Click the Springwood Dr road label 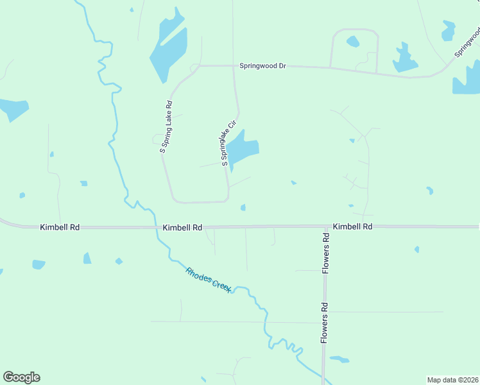point(262,65)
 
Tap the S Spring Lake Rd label point(166,126)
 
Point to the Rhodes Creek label point(209,280)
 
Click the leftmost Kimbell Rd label point(60,227)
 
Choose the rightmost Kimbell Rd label point(352,227)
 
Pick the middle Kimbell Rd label point(183,227)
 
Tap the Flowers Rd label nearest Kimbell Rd point(326,253)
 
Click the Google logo point(21,377)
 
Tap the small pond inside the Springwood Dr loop point(353,42)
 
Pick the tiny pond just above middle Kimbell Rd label point(243,207)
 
